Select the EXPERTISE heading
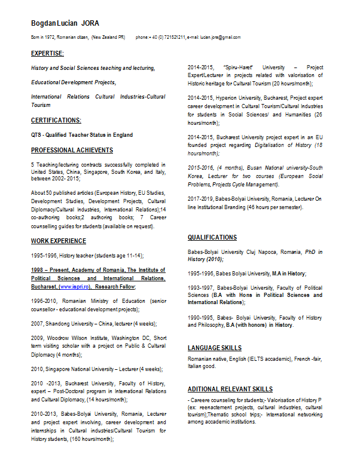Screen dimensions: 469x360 click(x=47, y=54)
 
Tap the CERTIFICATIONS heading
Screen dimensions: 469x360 click(x=56, y=120)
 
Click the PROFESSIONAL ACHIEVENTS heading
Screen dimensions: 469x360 click(x=72, y=150)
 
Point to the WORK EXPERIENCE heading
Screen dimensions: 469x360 click(x=59, y=241)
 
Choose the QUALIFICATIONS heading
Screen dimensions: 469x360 click(x=212, y=237)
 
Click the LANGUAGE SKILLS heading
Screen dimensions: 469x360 click(x=215, y=348)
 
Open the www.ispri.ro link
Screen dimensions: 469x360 click(x=75, y=287)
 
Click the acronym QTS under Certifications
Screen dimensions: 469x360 click(x=36, y=135)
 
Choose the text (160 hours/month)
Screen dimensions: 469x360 click(x=91, y=439)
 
